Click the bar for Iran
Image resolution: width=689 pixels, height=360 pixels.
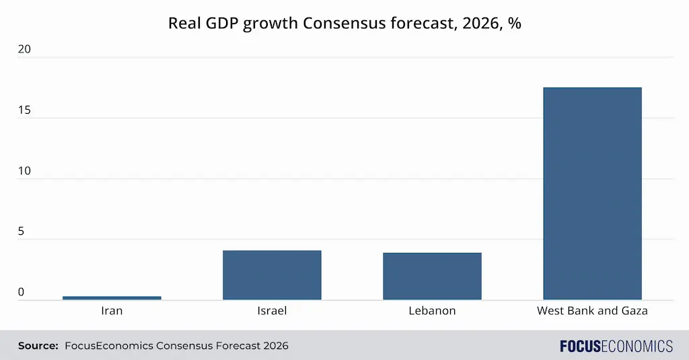(x=112, y=297)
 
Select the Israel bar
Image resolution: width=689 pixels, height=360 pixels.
(x=272, y=275)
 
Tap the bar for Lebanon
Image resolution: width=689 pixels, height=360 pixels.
(x=432, y=277)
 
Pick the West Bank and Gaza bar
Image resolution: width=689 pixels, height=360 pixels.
(x=592, y=194)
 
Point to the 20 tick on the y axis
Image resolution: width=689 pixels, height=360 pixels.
(x=25, y=50)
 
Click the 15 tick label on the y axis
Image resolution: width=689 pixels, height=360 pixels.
(x=25, y=110)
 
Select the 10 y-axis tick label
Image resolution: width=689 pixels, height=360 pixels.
(x=25, y=171)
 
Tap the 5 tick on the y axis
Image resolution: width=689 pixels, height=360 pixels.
(x=22, y=231)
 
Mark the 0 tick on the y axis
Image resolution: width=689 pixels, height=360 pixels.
(x=22, y=292)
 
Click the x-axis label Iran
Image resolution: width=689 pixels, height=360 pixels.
(x=112, y=311)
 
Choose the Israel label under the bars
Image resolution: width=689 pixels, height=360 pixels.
(x=272, y=311)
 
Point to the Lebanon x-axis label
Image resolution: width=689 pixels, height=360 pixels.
(x=432, y=311)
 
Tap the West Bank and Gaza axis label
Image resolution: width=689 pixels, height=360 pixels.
(x=592, y=311)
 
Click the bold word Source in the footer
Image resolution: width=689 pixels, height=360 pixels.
(x=38, y=346)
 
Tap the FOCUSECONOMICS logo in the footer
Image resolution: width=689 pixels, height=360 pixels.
(x=616, y=346)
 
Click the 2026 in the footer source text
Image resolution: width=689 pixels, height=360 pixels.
(x=274, y=346)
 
